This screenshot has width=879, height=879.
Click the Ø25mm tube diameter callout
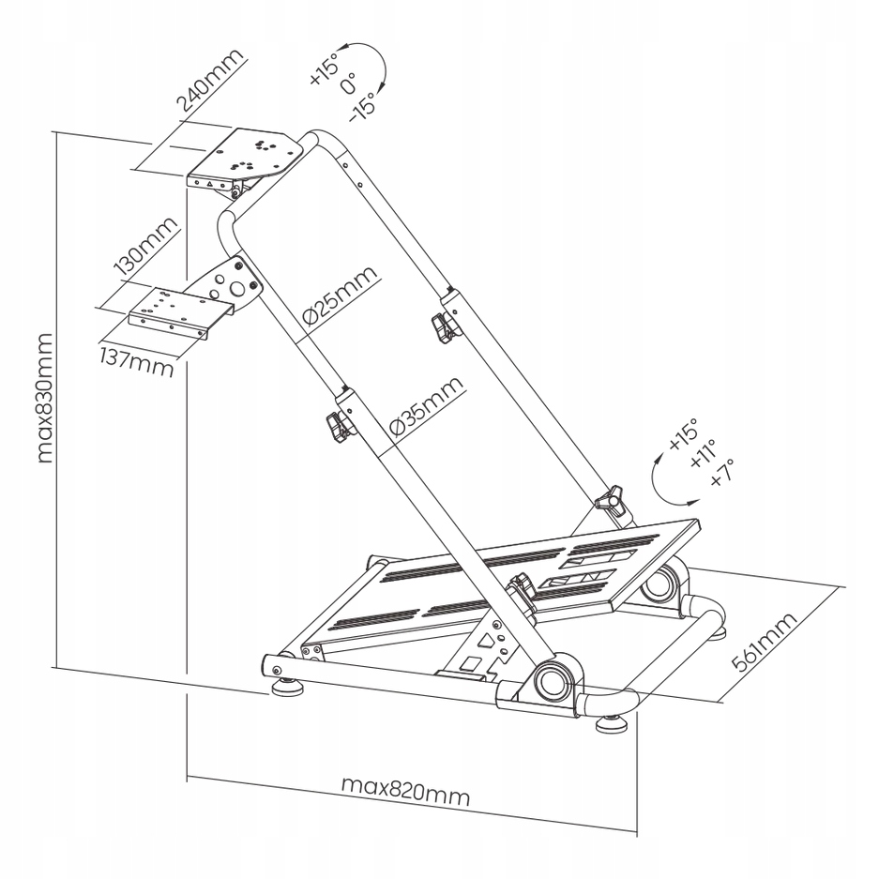(x=341, y=296)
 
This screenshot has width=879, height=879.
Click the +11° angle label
(x=703, y=455)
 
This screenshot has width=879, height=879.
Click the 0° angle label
(x=347, y=85)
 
